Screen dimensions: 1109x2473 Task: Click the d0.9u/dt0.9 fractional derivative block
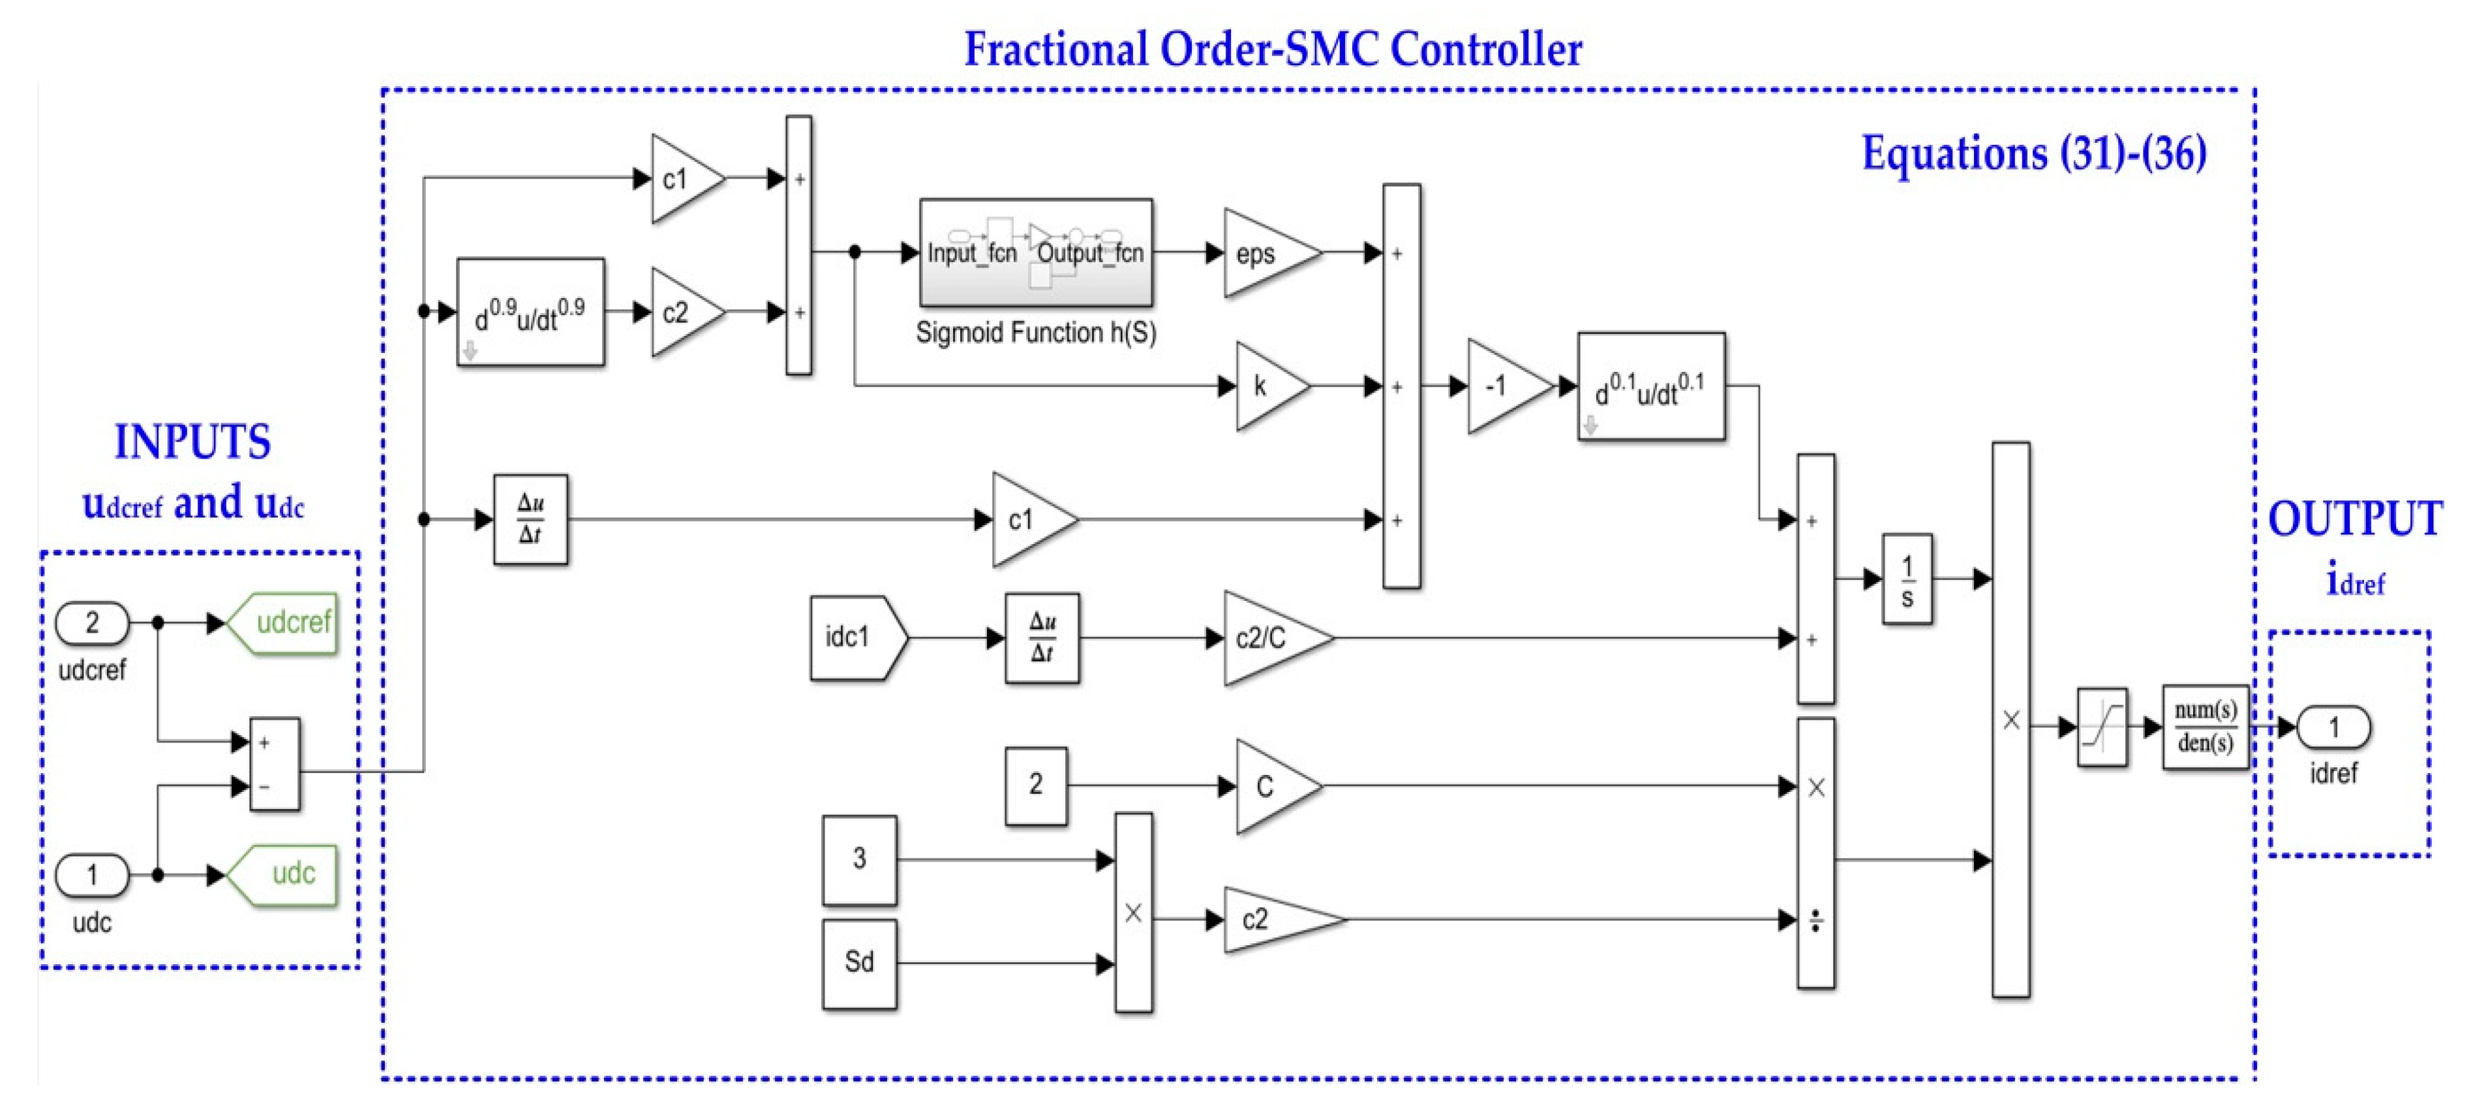pyautogui.click(x=530, y=312)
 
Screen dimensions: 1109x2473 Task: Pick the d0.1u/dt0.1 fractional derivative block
pyautogui.click(x=1650, y=386)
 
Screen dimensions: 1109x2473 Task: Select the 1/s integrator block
pyautogui.click(x=1907, y=579)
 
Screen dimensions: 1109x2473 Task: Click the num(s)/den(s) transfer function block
pyautogui.click(x=2204, y=727)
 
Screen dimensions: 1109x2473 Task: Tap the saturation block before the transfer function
pyautogui.click(x=2101, y=727)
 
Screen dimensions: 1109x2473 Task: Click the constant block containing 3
pyautogui.click(x=859, y=859)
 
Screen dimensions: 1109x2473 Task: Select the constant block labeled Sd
pyautogui.click(x=859, y=963)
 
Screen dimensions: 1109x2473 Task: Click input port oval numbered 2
pyautogui.click(x=92, y=623)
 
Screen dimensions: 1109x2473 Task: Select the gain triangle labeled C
pyautogui.click(x=1271, y=786)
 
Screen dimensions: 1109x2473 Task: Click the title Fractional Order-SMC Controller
pyautogui.click(x=1272, y=48)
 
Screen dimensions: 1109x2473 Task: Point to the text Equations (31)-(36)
pyautogui.click(x=2033, y=153)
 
